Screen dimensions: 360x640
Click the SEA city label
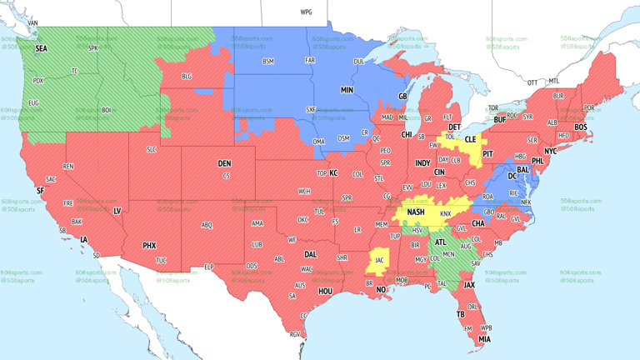coord(41,49)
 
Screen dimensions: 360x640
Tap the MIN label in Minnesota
coord(347,89)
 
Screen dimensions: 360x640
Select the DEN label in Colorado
coord(224,163)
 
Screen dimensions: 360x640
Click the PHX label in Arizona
coord(149,246)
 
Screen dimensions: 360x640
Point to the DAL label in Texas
coord(311,255)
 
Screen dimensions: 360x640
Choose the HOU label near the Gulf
coord(325,292)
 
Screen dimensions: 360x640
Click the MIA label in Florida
coord(484,339)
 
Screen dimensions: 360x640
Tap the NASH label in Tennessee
coord(415,212)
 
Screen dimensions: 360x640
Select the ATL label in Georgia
coord(439,242)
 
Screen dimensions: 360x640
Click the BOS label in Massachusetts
coord(580,127)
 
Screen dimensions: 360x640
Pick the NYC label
coord(550,152)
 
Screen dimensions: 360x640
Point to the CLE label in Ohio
coord(470,139)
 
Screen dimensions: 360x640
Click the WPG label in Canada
coord(306,12)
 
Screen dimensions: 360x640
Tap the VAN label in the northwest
coord(33,22)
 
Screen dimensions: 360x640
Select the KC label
coord(333,173)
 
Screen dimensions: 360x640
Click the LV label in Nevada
coord(117,212)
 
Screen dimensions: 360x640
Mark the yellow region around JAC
coord(378,260)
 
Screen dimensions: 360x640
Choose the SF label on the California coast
coord(40,191)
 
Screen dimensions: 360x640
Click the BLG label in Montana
coord(187,76)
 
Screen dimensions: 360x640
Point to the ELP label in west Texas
coord(209,267)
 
